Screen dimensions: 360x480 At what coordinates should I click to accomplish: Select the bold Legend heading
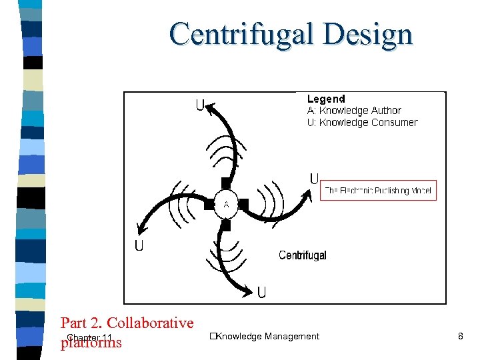pos(326,99)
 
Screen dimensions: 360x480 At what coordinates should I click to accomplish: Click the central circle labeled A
pos(226,203)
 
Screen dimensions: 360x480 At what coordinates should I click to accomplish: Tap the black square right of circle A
pos(244,203)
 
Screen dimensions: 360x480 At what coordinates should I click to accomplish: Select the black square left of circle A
pos(209,203)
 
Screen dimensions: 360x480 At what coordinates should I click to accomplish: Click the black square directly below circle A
pos(226,225)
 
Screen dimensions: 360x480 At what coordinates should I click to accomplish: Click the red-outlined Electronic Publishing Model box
pos(378,191)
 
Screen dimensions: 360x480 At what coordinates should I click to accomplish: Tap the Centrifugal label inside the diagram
pos(302,255)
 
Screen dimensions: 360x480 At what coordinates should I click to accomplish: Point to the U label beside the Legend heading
pos(200,105)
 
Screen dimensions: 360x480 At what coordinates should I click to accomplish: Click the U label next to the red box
pos(315,179)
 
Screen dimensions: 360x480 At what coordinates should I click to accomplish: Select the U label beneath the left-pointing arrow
pos(139,246)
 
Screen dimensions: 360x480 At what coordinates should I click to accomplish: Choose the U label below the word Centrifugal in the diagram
pos(262,292)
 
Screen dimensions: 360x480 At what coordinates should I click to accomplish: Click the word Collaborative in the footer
pos(150,323)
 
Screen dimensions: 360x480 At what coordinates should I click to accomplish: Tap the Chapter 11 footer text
pos(89,338)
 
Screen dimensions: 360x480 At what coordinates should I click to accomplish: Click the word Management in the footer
pos(291,337)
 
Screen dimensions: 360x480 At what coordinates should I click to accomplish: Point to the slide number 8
pos(460,337)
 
